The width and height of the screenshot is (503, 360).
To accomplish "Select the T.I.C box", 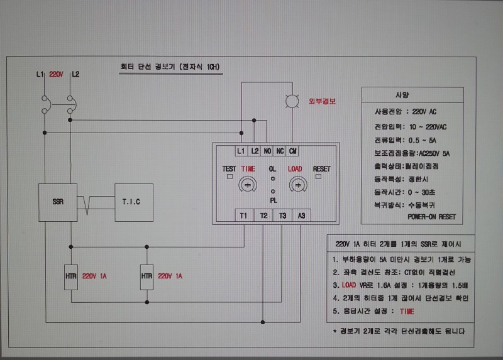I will click(x=134, y=202).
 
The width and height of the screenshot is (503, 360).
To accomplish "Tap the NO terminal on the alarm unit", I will click(x=268, y=151).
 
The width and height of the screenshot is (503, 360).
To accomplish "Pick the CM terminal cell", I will click(x=294, y=151).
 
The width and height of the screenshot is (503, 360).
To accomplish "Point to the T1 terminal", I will click(x=244, y=215).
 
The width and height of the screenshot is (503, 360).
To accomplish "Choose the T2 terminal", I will click(x=263, y=215).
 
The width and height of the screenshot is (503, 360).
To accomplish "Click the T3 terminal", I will click(x=283, y=215).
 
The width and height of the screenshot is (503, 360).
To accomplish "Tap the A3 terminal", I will click(x=302, y=215).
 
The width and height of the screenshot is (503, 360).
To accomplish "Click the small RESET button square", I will click(x=319, y=177).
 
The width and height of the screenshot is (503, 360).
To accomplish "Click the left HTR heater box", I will click(x=72, y=276).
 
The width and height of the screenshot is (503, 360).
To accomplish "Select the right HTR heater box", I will click(x=147, y=276).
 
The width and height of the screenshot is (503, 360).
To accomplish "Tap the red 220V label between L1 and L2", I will click(x=57, y=74).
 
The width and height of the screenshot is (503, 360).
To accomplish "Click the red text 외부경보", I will click(x=322, y=101).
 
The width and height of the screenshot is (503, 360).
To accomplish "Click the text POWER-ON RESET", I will click(x=431, y=217).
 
